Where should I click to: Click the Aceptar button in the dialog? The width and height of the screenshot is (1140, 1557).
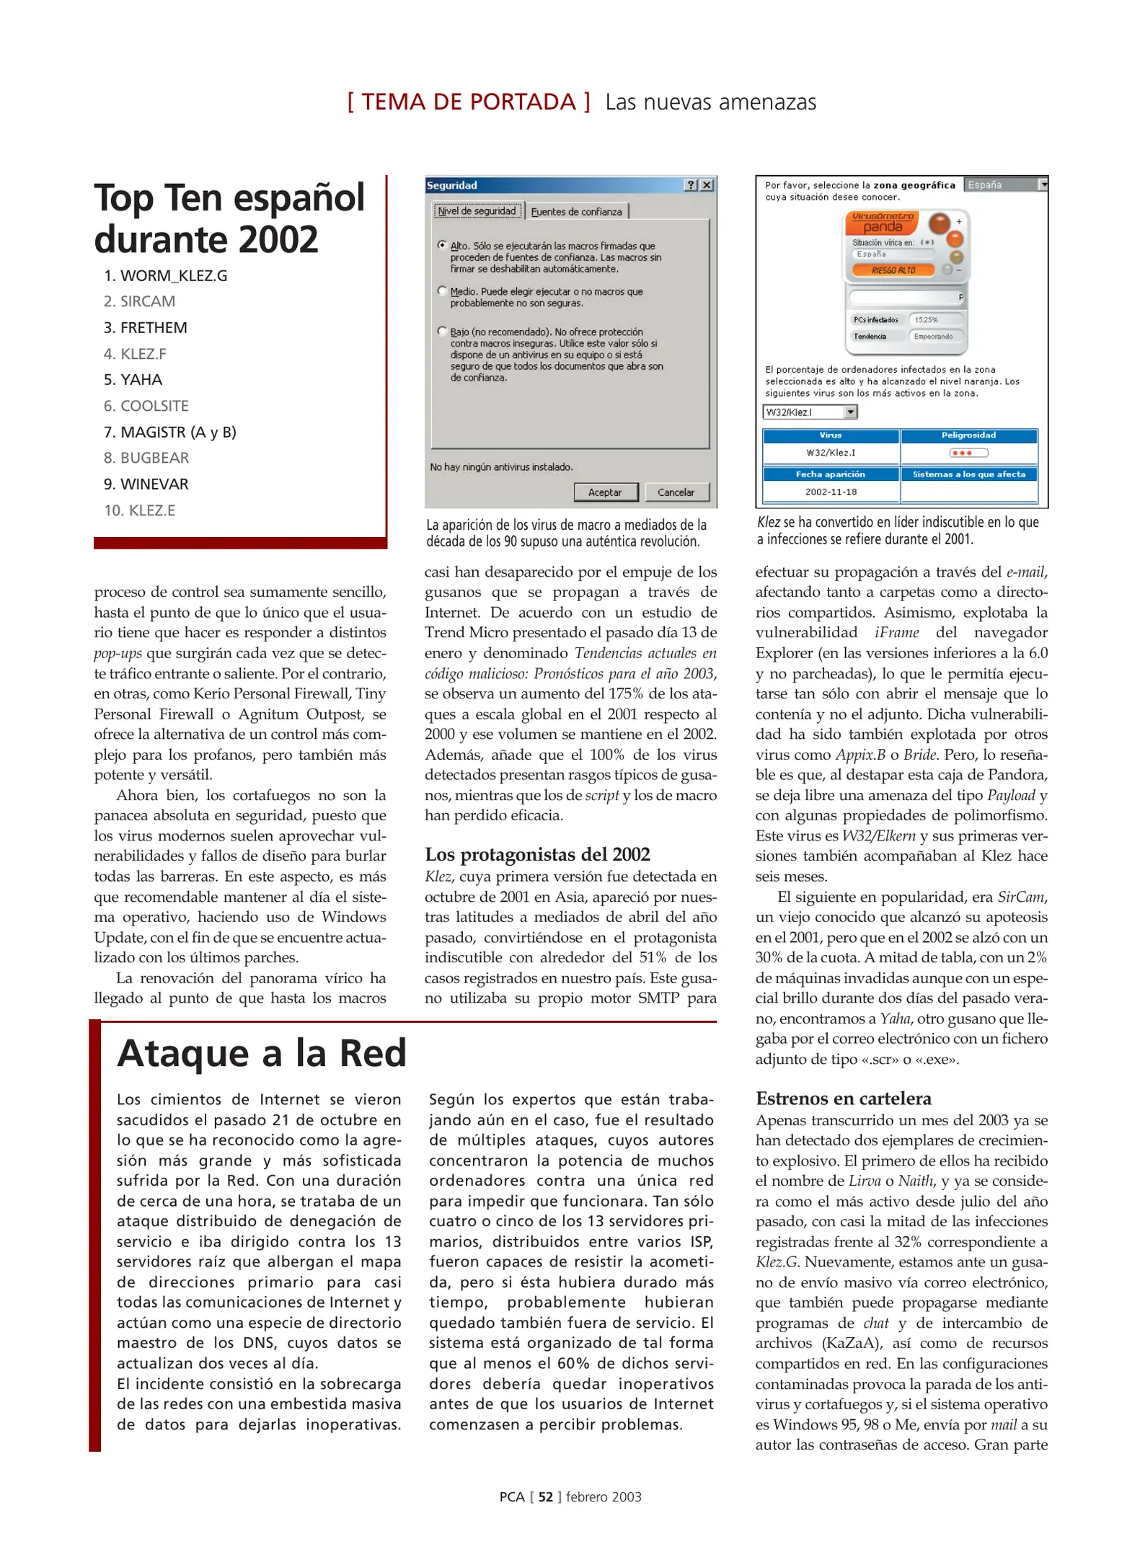605,492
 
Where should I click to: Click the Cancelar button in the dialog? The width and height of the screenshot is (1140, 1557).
676,492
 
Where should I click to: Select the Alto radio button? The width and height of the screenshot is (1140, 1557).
442,245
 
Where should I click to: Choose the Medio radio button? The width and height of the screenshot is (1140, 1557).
442,291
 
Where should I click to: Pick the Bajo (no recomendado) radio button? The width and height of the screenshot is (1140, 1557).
442,332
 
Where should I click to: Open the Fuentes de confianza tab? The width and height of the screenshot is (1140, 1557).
576,211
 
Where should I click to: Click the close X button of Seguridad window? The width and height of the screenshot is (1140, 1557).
707,185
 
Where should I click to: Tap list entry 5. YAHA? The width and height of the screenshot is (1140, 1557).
133,380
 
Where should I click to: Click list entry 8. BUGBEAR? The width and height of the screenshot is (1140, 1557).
146,458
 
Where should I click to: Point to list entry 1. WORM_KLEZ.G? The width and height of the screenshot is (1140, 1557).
166,276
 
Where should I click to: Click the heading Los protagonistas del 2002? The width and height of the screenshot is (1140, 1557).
537,854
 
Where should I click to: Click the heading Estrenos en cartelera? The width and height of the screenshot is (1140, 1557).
843,1099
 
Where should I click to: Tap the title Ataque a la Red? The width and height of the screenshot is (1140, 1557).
262,1054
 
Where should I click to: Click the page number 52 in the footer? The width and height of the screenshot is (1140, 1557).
545,1497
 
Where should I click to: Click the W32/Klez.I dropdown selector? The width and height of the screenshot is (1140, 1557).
809,412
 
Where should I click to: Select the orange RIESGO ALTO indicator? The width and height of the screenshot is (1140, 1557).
893,270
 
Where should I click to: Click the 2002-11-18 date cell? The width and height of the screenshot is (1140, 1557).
831,492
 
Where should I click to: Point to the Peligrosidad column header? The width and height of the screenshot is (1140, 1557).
968,435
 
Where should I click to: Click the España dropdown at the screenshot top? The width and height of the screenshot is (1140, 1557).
1005,185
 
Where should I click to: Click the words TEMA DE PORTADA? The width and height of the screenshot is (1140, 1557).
469,102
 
